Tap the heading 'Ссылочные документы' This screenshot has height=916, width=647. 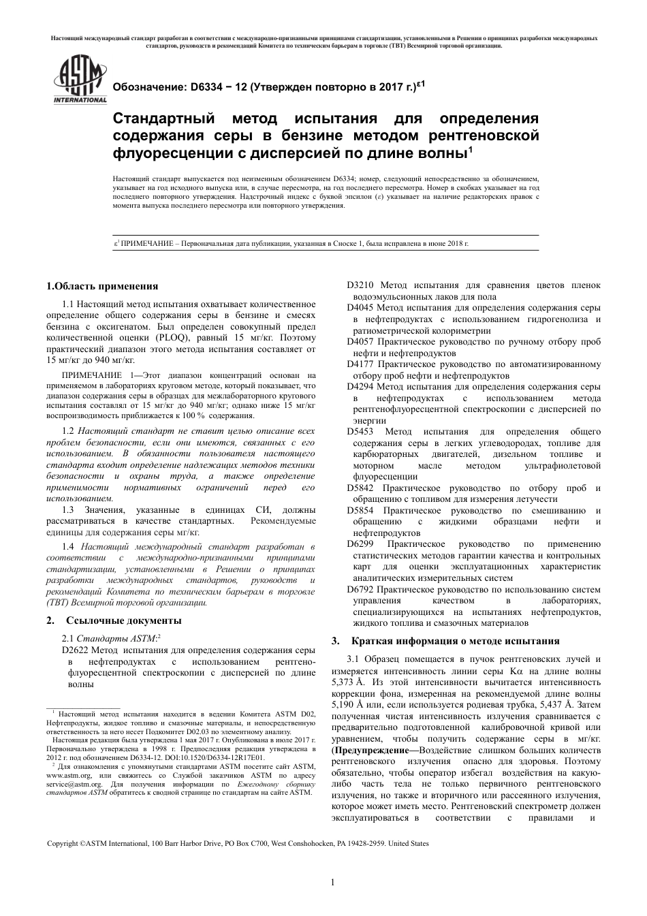tap(123, 620)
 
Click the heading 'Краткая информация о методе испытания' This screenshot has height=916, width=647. tap(455, 641)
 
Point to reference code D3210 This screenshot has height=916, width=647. tap(360, 285)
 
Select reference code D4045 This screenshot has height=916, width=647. tap(360, 308)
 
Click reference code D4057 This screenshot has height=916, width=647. tap(360, 342)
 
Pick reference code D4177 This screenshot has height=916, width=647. tap(360, 364)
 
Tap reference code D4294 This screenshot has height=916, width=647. tap(360, 387)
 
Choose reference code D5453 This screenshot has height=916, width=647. tap(360, 432)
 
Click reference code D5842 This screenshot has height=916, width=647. tap(360, 488)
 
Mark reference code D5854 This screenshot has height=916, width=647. tap(360, 511)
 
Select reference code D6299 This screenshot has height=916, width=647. tap(360, 544)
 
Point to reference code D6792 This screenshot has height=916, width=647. tap(360, 590)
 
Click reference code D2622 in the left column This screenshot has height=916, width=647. tap(76, 650)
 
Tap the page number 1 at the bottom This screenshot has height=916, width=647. tap(332, 883)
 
